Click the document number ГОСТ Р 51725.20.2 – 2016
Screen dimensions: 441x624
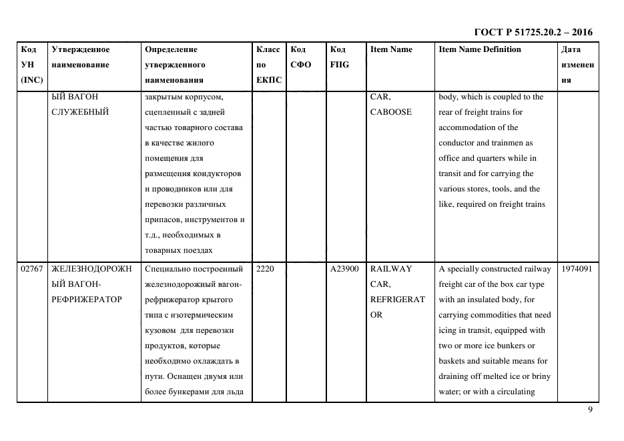click(533, 32)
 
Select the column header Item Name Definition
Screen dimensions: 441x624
click(479, 49)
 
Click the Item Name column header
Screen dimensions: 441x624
click(391, 49)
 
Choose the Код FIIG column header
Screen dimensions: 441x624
click(338, 57)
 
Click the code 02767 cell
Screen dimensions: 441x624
click(31, 269)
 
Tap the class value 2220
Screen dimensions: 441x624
click(265, 269)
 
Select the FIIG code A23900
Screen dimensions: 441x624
click(344, 269)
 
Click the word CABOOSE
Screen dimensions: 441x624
click(390, 112)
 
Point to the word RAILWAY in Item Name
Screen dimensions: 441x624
click(391, 269)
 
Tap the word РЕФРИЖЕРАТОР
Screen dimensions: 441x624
click(86, 300)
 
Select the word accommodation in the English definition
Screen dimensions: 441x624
click(469, 127)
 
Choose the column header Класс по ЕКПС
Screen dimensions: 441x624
click(268, 65)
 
